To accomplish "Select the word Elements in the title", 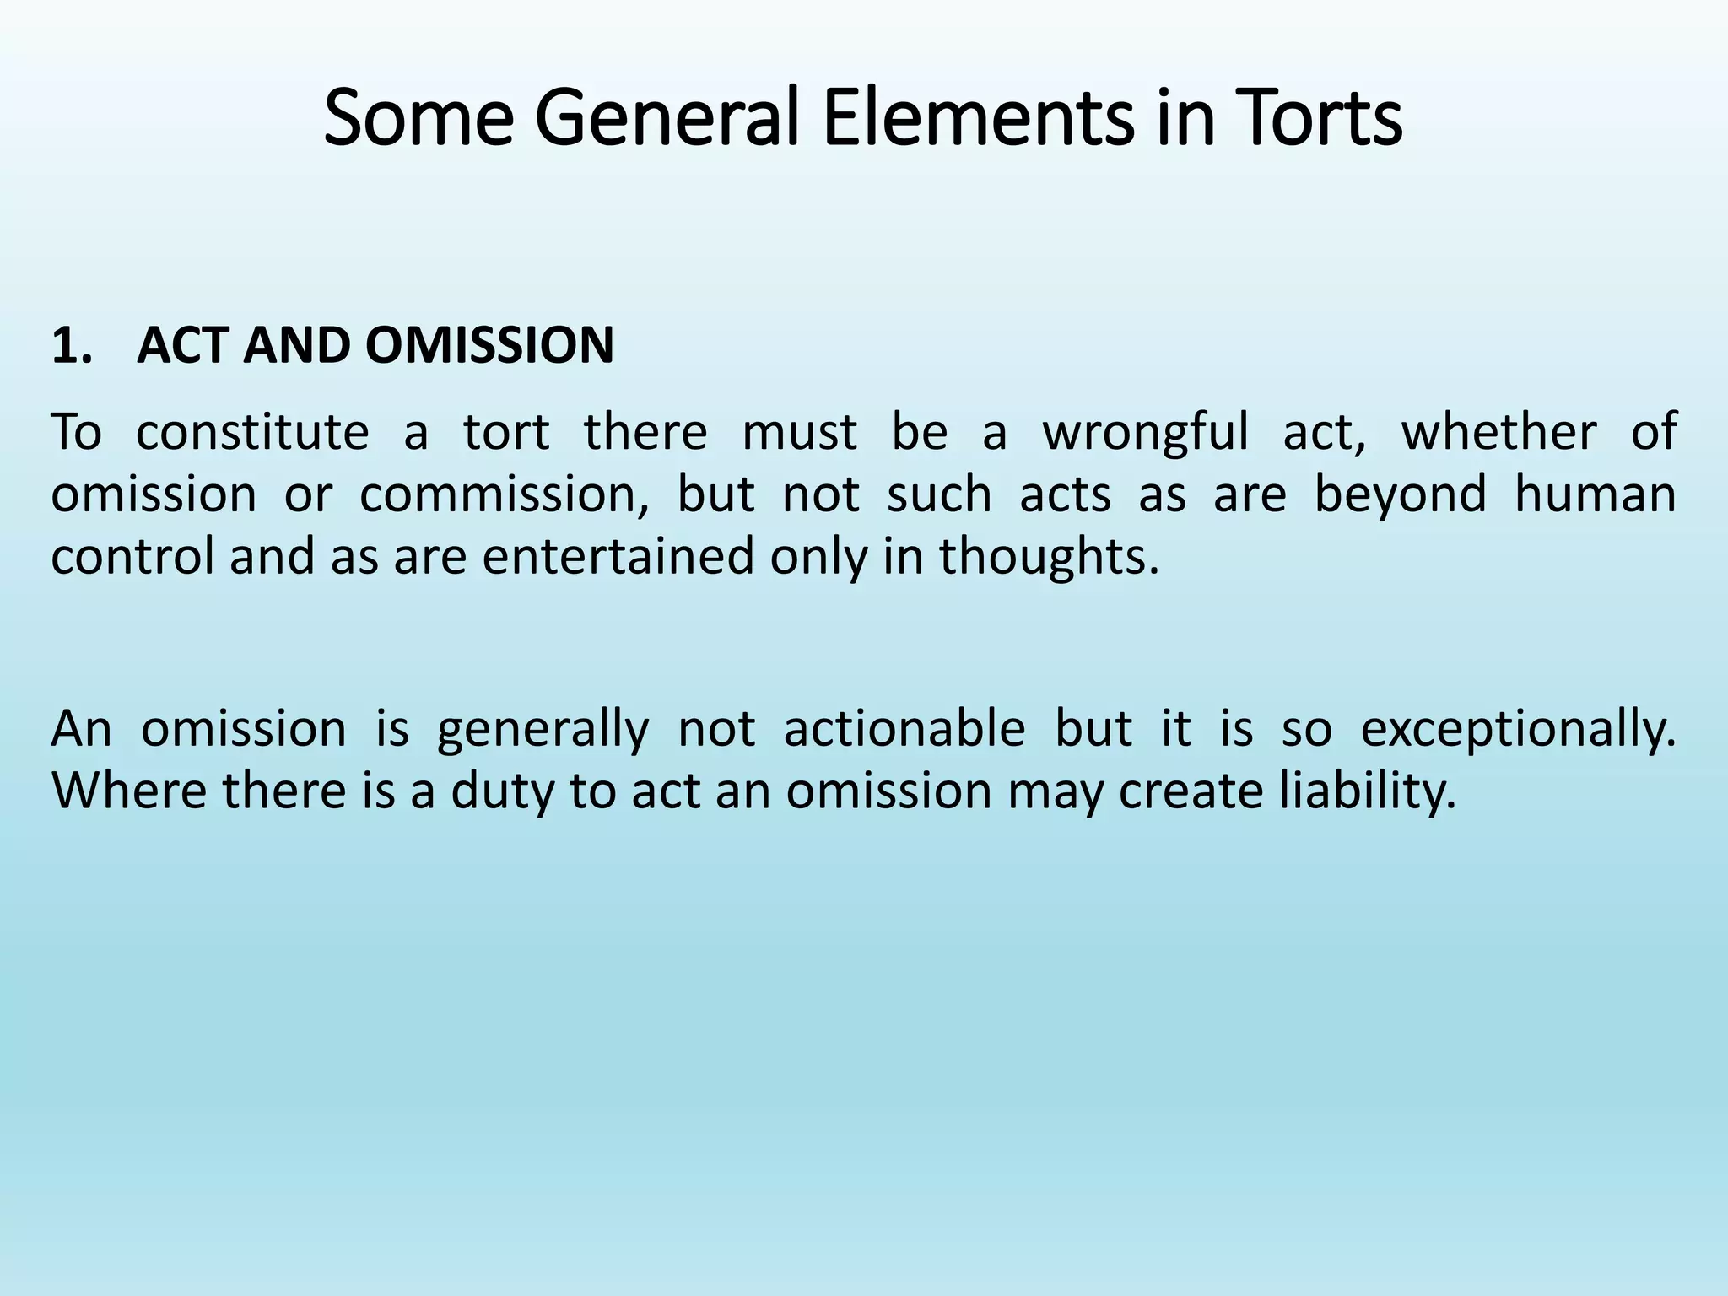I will pyautogui.click(x=978, y=118).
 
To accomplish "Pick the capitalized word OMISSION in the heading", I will pyautogui.click(x=489, y=346).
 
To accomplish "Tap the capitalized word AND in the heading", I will pyautogui.click(x=296, y=346).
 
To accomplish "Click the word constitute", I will pyautogui.click(x=252, y=432).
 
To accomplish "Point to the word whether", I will pyautogui.click(x=1498, y=432).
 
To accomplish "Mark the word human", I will pyautogui.click(x=1595, y=494).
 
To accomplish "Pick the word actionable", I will pyautogui.click(x=904, y=729).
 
